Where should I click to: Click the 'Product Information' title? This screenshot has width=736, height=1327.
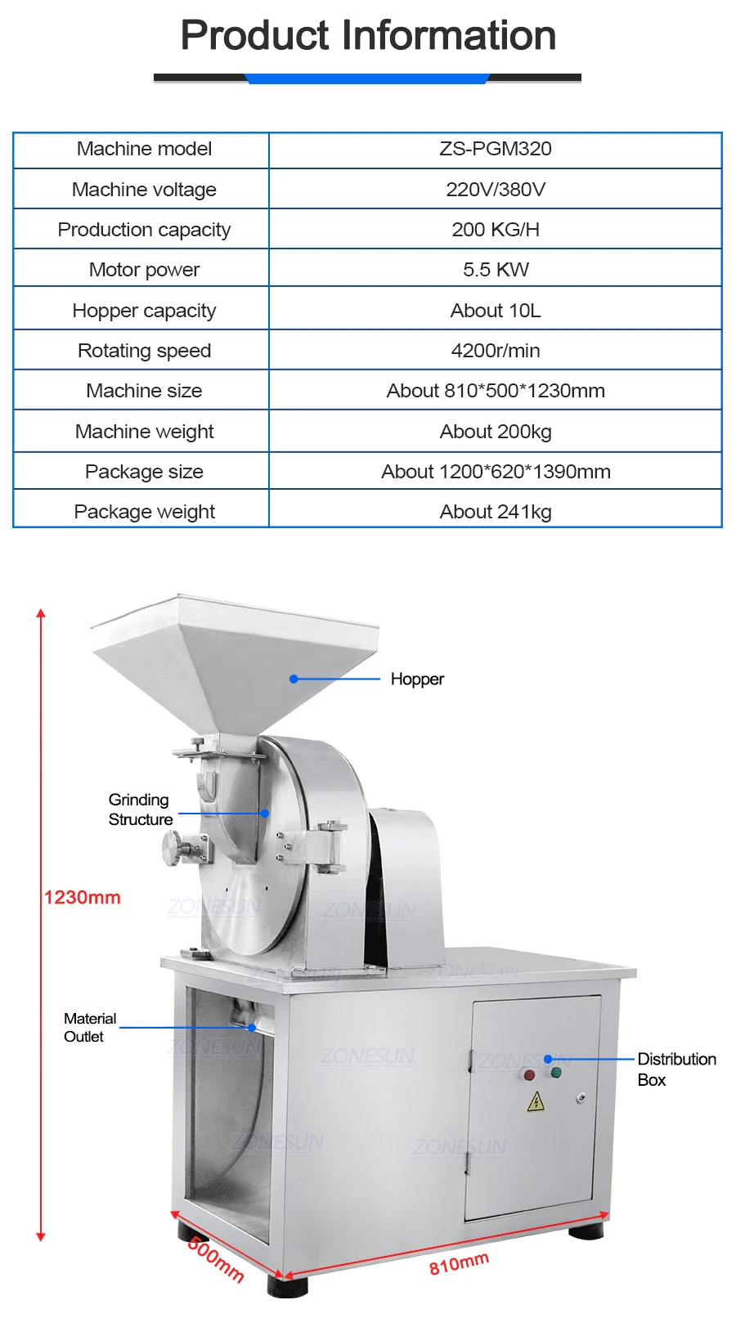coord(368,36)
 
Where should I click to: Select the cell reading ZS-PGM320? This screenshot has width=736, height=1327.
coord(496,149)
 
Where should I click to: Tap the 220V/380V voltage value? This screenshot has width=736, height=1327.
coord(496,190)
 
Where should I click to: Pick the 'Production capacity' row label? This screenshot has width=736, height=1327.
coord(144,230)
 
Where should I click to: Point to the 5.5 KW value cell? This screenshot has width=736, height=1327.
coord(496,270)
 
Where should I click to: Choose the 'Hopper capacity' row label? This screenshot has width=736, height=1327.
coord(144,311)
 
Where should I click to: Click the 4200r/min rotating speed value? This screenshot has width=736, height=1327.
coord(496,351)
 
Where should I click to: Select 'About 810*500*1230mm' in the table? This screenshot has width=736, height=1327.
coord(496,391)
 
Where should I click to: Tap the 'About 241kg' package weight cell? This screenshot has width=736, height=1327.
coord(496,512)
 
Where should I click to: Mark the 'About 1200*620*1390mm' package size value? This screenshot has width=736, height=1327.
coord(496,472)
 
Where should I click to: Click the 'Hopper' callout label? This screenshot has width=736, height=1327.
coord(417,679)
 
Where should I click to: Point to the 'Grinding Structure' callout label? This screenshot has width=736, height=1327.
coord(140,809)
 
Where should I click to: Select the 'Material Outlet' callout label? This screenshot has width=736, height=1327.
coord(89,1028)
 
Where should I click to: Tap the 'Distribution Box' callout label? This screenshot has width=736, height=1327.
coord(675,1069)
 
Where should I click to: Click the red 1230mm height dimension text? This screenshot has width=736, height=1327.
coord(82,898)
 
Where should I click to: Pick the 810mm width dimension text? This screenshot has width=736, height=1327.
coord(459,1263)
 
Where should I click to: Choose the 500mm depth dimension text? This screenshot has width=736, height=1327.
coord(216,1259)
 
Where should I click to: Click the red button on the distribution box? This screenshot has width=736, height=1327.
coord(529,1075)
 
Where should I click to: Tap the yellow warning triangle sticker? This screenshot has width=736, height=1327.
coord(536,1101)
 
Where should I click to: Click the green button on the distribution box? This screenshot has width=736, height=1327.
coord(556,1072)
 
